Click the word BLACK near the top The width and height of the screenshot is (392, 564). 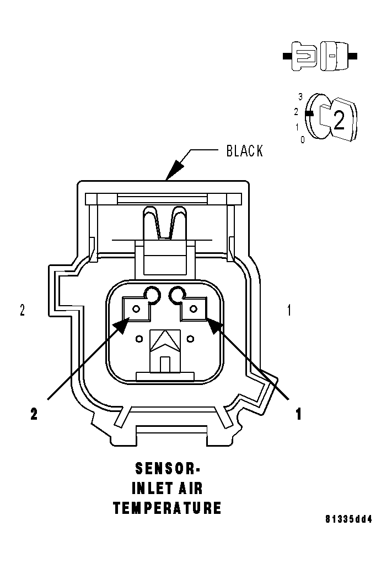pyautogui.click(x=245, y=151)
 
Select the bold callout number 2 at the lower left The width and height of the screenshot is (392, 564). pyautogui.click(x=34, y=414)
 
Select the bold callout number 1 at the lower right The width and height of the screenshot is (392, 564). pyautogui.click(x=298, y=414)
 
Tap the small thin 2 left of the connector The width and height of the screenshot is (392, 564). pyautogui.click(x=22, y=311)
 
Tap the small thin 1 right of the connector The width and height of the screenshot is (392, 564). pyautogui.click(x=289, y=311)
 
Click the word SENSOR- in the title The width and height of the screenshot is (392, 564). pyautogui.click(x=168, y=469)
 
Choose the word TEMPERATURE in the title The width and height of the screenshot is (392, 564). pyautogui.click(x=167, y=508)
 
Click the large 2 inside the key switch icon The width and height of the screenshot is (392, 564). pyautogui.click(x=339, y=120)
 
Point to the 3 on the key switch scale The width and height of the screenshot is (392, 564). pyautogui.click(x=300, y=96)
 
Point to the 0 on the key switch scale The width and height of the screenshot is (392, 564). pyautogui.click(x=303, y=140)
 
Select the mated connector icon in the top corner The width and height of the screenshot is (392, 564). pyautogui.click(x=320, y=56)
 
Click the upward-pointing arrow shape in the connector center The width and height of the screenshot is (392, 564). pyautogui.click(x=165, y=341)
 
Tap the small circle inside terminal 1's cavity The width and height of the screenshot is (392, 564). pyautogui.click(x=192, y=309)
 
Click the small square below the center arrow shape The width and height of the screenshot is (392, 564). pyautogui.click(x=165, y=364)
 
